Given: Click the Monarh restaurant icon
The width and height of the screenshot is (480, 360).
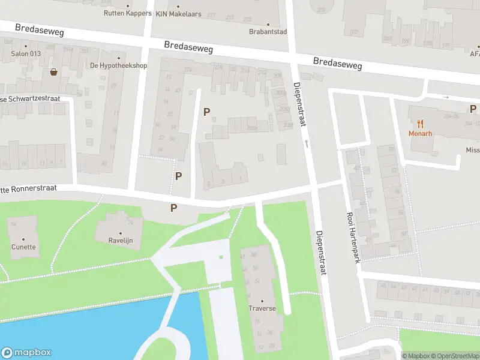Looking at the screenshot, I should point(421,124).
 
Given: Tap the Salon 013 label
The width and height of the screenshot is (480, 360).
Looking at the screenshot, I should point(25,53).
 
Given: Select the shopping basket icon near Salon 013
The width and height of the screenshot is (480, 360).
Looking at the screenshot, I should point(54,72).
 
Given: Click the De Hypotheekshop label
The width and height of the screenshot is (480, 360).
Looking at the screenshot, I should point(118,65).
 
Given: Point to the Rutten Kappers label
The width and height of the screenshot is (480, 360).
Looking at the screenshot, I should point(127,13).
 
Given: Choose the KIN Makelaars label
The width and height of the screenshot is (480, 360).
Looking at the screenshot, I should point(178,13).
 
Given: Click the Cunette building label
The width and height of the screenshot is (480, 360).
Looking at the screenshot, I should point(23,247).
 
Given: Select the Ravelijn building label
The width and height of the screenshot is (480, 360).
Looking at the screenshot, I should point(120,241).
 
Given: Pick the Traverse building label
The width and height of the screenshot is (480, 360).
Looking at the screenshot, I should point(262,308).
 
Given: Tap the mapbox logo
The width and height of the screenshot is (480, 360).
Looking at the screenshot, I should point(26,352).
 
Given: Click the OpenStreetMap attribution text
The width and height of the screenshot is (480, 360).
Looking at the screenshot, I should point(454,356).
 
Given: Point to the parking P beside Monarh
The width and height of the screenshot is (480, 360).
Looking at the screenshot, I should point(473,109).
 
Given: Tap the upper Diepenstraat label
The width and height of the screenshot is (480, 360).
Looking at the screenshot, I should point(300,104).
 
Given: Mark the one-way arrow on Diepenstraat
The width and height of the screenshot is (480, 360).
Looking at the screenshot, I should point(307,143).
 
